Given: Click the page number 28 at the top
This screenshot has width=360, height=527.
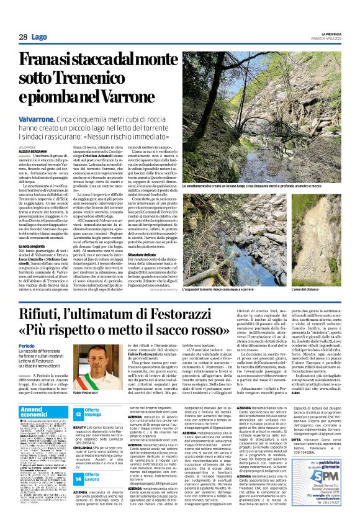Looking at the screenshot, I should click(x=22, y=37).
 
